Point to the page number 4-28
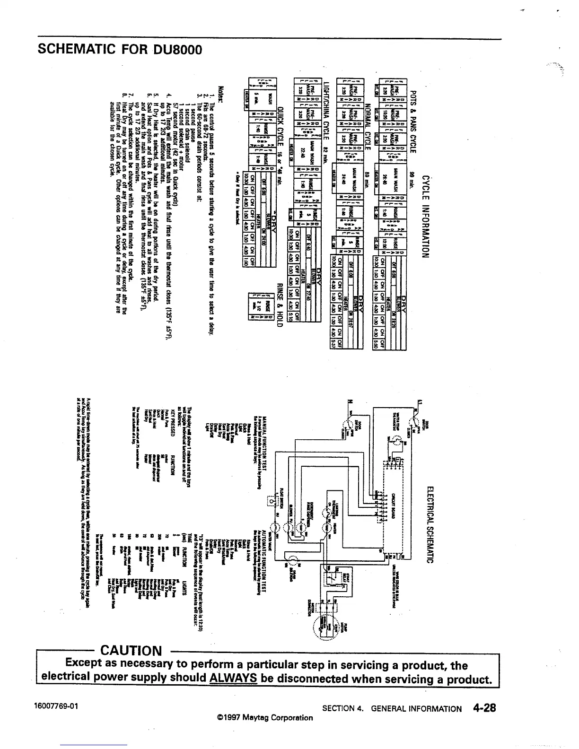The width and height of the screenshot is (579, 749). point(483,708)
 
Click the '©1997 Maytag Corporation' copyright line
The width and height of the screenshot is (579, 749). point(265,717)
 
